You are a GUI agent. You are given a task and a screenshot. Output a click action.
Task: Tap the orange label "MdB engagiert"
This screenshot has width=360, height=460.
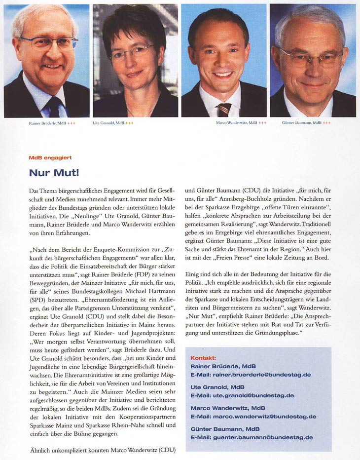[50, 157]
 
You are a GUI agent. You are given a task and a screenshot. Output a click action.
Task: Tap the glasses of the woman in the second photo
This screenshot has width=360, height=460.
[131, 51]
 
